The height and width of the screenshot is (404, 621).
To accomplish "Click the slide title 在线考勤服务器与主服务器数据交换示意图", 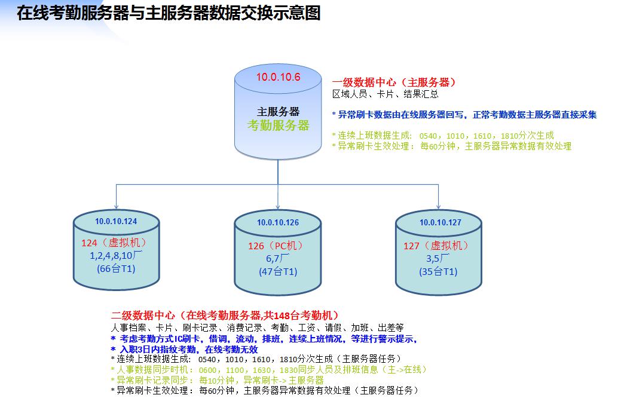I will tap(169, 13).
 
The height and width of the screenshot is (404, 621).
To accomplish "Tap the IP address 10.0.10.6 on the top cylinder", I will tap(278, 77).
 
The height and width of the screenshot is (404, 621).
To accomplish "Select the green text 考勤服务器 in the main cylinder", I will tap(279, 125).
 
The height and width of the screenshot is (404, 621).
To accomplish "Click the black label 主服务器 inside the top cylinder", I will tap(279, 112).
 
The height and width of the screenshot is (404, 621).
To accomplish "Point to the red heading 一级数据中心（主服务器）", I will tap(394, 82).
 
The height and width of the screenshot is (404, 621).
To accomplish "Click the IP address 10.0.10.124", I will tap(116, 221).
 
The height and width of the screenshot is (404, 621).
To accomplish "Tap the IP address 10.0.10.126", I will tap(278, 223).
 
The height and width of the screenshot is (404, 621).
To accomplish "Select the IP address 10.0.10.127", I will tap(440, 222).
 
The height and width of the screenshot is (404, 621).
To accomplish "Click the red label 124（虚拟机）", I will tap(114, 243).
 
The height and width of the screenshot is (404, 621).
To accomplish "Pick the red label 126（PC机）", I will tap(277, 246).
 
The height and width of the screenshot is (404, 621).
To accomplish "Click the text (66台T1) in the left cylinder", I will tap(116, 269).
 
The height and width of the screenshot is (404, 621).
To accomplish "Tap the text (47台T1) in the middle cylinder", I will tap(278, 271).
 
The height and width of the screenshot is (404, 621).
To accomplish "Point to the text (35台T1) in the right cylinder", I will tap(438, 271).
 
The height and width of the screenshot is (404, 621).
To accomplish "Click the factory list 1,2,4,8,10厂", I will tap(115, 256).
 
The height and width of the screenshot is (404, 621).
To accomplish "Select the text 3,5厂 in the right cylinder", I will tap(438, 258).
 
